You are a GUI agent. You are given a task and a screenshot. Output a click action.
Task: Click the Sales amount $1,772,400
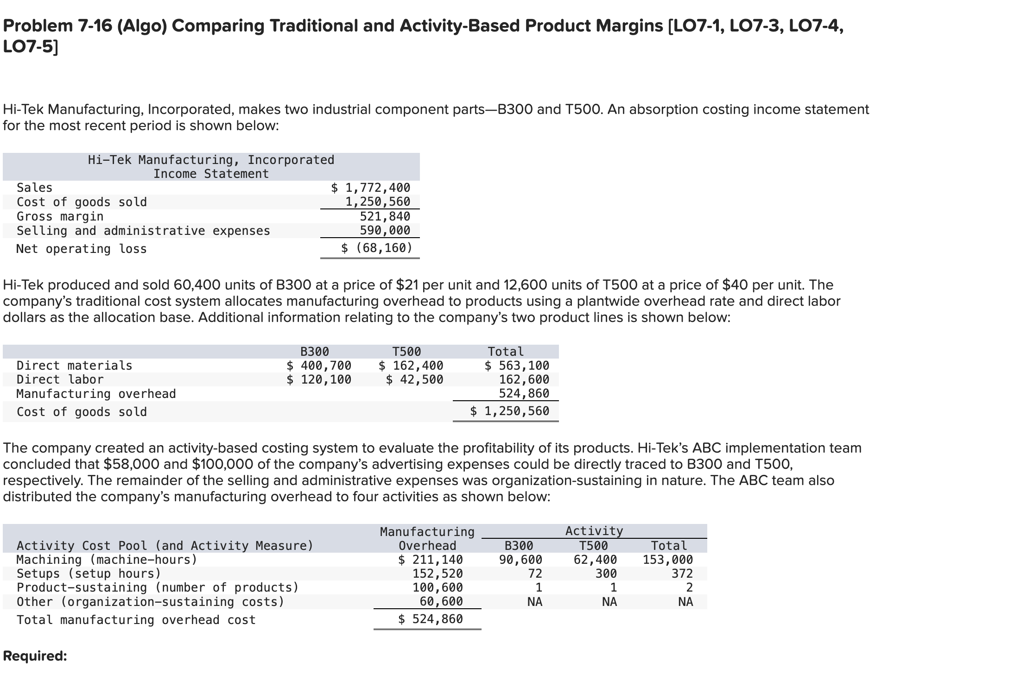[x=371, y=188]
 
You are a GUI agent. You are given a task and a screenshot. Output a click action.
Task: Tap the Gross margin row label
[x=60, y=216]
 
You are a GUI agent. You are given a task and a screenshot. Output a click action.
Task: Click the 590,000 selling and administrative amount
[x=385, y=230]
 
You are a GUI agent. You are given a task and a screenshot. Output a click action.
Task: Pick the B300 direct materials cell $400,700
[x=319, y=366]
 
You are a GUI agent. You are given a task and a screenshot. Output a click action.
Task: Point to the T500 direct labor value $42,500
[x=414, y=379]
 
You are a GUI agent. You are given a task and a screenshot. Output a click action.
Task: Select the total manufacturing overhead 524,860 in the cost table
[x=524, y=393]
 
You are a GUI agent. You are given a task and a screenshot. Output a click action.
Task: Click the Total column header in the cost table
[x=506, y=352]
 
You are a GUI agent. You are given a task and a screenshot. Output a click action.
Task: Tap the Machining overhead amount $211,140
[x=431, y=560]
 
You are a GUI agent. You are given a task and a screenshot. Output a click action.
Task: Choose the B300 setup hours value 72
[x=535, y=574]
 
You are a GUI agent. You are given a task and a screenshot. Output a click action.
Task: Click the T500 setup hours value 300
[x=606, y=574]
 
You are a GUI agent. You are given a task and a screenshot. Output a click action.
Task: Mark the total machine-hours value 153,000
[x=667, y=560]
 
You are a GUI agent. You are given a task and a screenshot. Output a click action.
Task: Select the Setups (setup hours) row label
[x=89, y=574]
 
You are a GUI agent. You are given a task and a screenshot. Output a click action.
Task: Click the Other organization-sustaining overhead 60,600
[x=441, y=601]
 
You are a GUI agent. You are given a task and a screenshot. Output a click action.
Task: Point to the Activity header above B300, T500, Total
[x=594, y=531]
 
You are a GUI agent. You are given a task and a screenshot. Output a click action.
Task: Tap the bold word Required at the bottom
[x=35, y=656]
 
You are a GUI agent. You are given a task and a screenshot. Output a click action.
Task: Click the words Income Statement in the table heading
[x=211, y=174]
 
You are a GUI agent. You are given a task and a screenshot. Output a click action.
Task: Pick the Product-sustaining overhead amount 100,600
[x=438, y=587]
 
